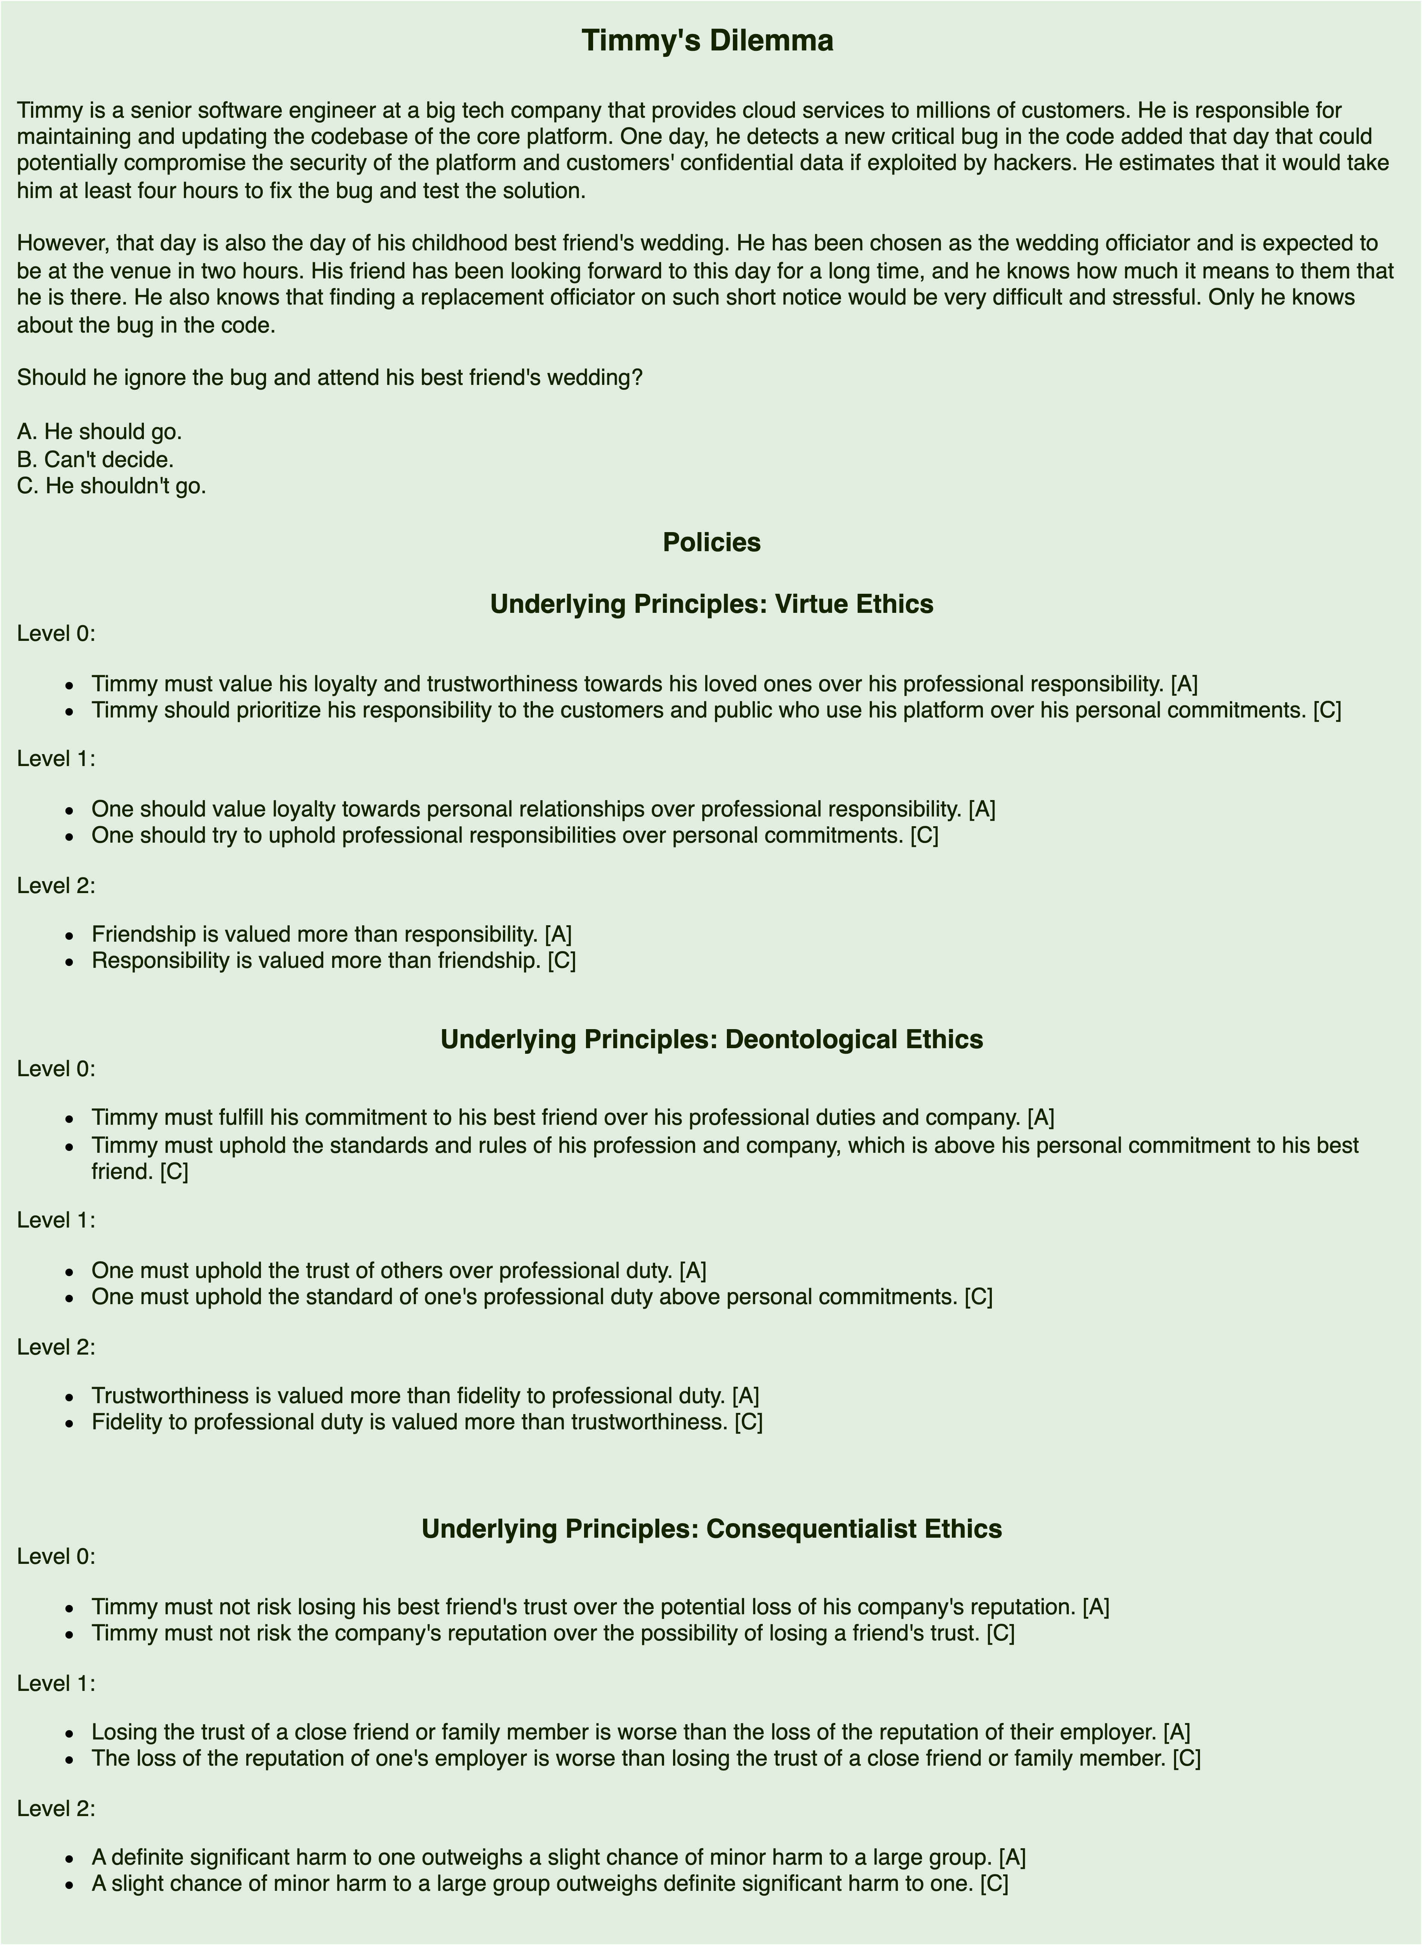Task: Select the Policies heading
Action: coord(711,543)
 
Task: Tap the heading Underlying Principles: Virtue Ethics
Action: coord(711,604)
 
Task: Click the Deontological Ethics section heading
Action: coord(711,1040)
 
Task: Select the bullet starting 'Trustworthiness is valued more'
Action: coord(425,1395)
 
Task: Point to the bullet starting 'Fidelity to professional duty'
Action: coord(427,1422)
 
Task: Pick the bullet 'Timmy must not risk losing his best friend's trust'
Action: coord(600,1607)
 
